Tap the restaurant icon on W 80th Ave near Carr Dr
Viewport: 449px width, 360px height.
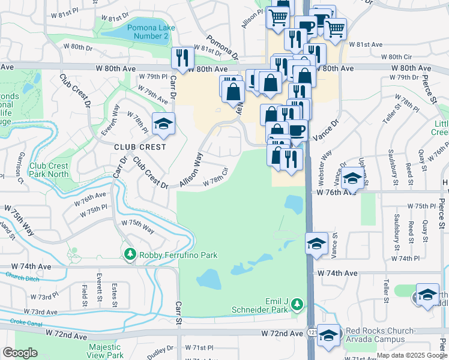tap(182, 58)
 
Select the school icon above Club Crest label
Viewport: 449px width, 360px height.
tap(163, 124)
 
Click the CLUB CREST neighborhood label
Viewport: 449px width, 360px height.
tap(139, 146)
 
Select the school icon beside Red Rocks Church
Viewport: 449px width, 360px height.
tap(328, 335)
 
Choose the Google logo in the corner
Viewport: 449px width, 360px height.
tap(20, 353)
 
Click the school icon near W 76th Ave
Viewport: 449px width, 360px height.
tap(352, 179)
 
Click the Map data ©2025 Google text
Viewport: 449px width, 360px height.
tap(411, 355)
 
